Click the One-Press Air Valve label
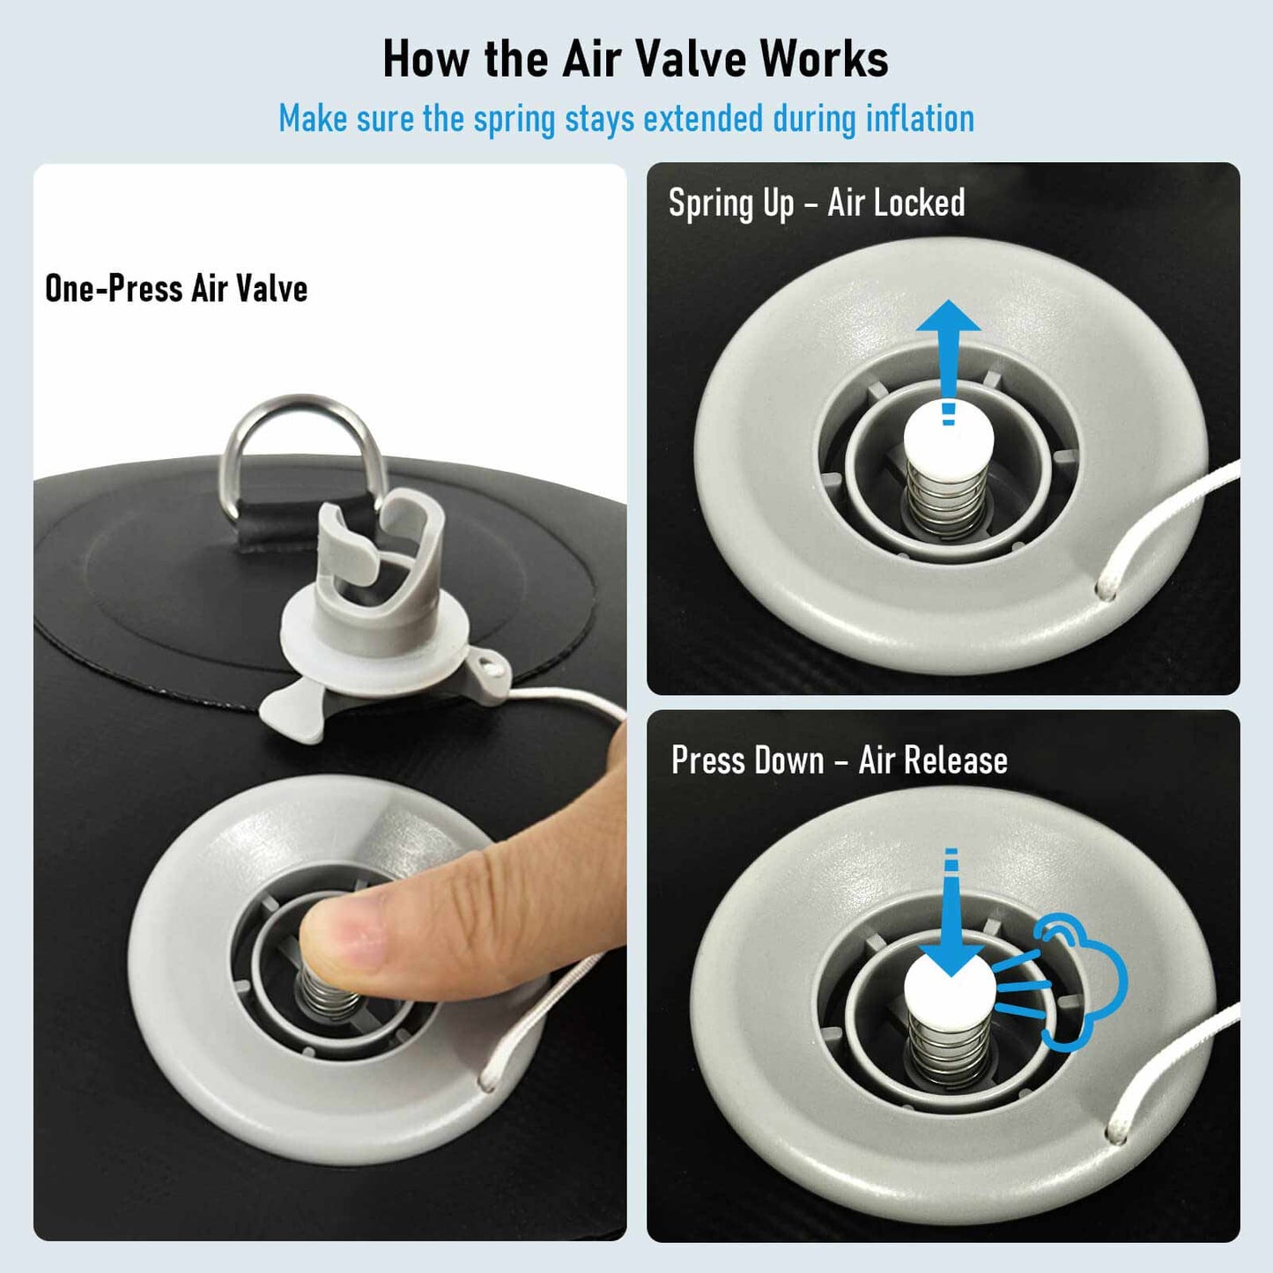176,289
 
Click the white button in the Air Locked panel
948,437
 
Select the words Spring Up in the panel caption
731,203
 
